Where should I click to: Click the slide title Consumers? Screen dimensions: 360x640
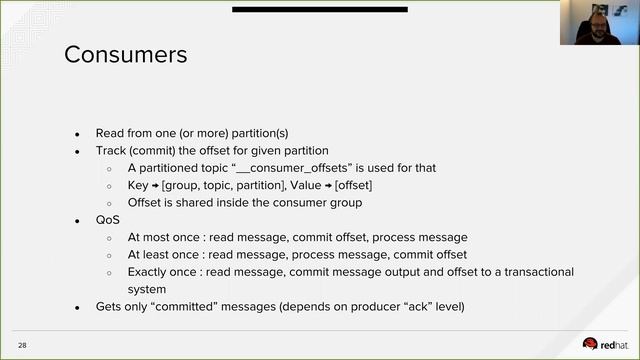pos(125,54)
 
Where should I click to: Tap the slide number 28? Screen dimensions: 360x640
pos(22,345)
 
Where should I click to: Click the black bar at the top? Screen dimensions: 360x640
pos(319,9)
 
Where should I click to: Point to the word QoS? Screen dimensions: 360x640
pos(107,220)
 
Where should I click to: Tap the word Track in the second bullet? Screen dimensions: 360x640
pos(111,151)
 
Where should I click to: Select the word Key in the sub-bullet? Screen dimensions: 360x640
pos(137,185)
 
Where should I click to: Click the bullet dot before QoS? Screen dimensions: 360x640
pos(78,221)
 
